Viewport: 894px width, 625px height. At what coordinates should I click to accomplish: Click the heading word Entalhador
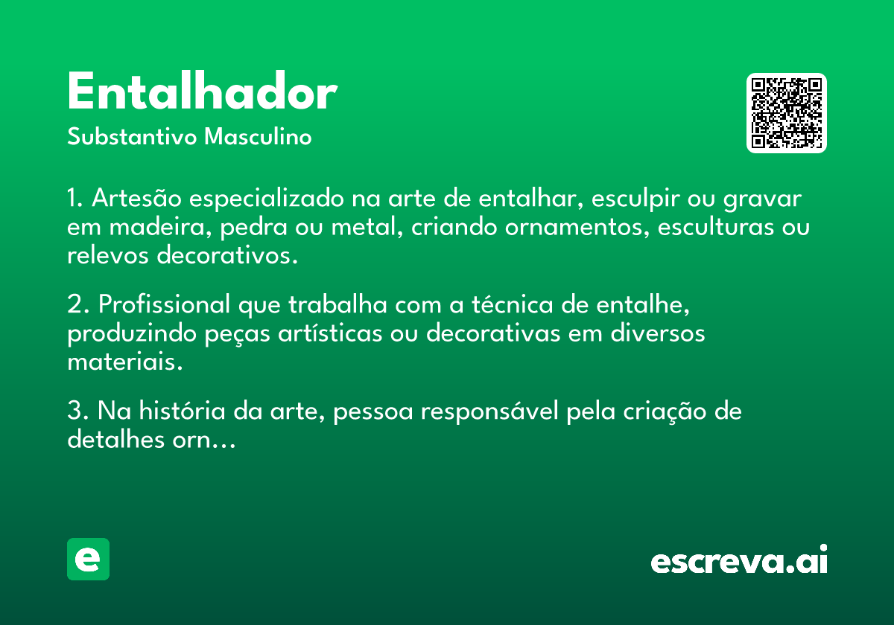click(203, 91)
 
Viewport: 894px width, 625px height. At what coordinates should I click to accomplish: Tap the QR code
click(786, 113)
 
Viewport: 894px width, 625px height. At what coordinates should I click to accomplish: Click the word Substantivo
click(132, 136)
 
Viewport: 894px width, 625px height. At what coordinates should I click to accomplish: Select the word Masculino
click(258, 136)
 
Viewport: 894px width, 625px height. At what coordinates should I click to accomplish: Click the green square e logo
click(88, 559)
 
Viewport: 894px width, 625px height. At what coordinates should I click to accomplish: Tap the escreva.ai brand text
click(739, 559)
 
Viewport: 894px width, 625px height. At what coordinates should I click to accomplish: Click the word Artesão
click(136, 198)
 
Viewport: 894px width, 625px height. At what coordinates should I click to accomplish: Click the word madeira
click(160, 227)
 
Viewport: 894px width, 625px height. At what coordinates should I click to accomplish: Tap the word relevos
click(108, 255)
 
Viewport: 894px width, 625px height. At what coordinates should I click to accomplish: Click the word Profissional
click(165, 304)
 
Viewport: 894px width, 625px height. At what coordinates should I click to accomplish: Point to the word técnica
click(513, 304)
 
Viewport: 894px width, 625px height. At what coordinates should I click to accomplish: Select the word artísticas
click(331, 333)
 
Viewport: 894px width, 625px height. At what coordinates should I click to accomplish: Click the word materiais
click(125, 362)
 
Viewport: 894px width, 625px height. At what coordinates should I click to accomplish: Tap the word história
click(182, 411)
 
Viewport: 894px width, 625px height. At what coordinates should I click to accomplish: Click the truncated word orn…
click(204, 440)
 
